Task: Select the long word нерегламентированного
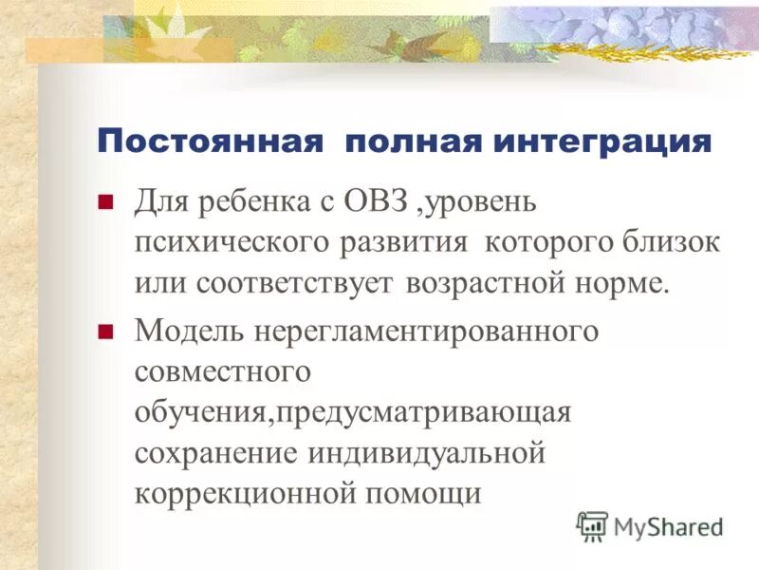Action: click(424, 331)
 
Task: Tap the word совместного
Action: click(224, 371)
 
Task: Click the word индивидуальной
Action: click(427, 453)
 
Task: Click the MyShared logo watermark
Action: click(650, 525)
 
